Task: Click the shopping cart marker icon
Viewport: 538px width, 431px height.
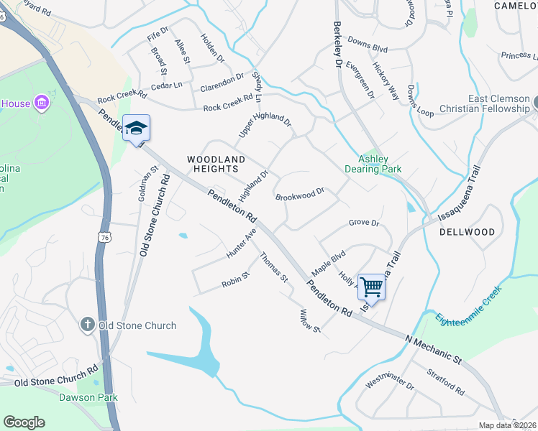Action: [371, 287]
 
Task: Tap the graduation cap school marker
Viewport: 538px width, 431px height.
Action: [136, 128]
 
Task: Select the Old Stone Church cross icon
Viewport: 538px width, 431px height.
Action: [88, 325]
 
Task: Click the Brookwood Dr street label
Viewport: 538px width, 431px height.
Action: [300, 194]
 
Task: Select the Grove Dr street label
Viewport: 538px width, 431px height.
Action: [364, 223]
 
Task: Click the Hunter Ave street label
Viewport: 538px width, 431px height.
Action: [242, 244]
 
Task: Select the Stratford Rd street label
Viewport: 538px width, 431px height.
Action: [446, 382]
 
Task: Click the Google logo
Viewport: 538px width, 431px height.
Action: [24, 422]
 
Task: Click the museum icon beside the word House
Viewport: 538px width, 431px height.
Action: [42, 103]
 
